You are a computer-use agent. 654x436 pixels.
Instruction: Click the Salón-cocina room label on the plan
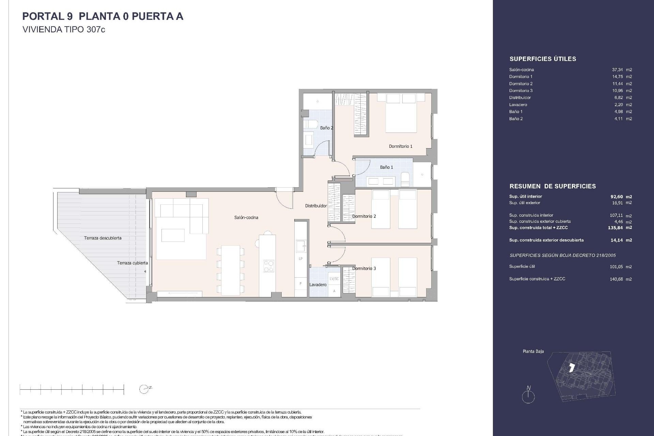coord(246,217)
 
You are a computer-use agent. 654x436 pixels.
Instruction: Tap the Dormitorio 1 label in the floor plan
coord(401,146)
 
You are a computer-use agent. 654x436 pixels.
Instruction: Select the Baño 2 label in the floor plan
coord(326,128)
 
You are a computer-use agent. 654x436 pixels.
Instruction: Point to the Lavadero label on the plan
coord(318,285)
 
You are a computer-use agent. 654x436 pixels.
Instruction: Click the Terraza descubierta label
coord(103,238)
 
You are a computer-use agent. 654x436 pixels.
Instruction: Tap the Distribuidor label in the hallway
coord(316,206)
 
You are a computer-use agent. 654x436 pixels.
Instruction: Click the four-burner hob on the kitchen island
coord(268,266)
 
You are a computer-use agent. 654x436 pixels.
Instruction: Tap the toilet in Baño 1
coord(405,179)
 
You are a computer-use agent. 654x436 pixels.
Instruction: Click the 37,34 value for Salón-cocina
coord(617,69)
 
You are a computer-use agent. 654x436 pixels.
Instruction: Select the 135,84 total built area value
coord(615,228)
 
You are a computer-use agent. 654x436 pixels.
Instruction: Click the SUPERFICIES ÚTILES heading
coord(543,59)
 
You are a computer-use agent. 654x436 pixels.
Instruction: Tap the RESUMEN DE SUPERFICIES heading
coord(552,186)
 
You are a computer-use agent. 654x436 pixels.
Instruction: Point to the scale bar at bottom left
coord(72,389)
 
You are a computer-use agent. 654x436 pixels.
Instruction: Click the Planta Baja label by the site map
coord(533,351)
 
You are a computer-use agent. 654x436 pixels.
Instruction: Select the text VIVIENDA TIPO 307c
coord(64,30)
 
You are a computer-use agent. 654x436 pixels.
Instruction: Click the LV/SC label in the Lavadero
coord(334,279)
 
